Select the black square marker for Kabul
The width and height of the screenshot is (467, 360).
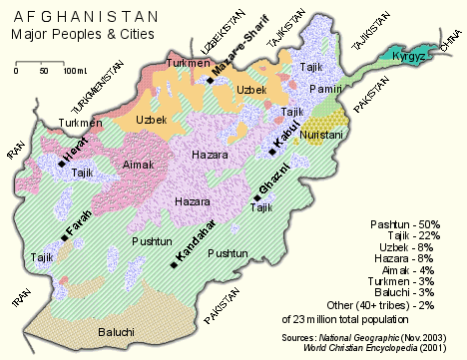[x=271, y=153]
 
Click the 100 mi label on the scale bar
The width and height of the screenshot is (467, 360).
[x=77, y=70]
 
